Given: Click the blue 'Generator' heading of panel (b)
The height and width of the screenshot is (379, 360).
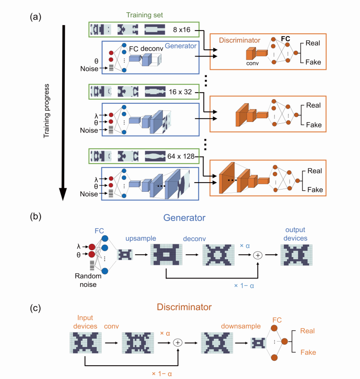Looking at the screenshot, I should (x=180, y=219).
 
